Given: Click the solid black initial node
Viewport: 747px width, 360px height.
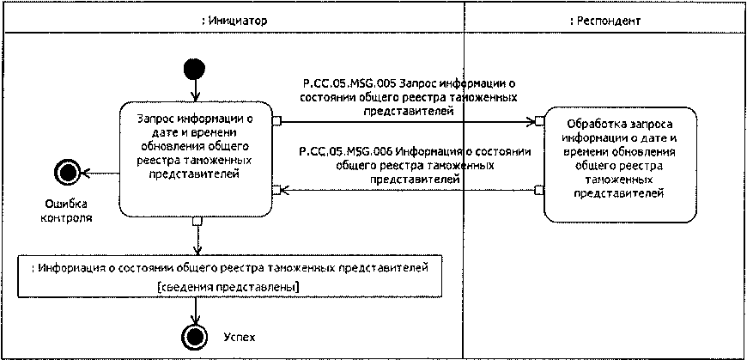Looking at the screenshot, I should click(x=197, y=68).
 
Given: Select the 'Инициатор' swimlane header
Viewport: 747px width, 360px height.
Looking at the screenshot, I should click(x=231, y=19).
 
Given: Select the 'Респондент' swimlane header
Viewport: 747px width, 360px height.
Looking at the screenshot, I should click(x=604, y=19).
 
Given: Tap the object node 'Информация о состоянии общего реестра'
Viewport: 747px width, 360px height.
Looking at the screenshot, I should click(x=229, y=268).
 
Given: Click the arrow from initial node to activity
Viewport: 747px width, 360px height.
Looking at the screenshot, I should click(x=197, y=89).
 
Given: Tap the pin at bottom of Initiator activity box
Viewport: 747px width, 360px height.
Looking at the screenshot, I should click(x=197, y=223).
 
